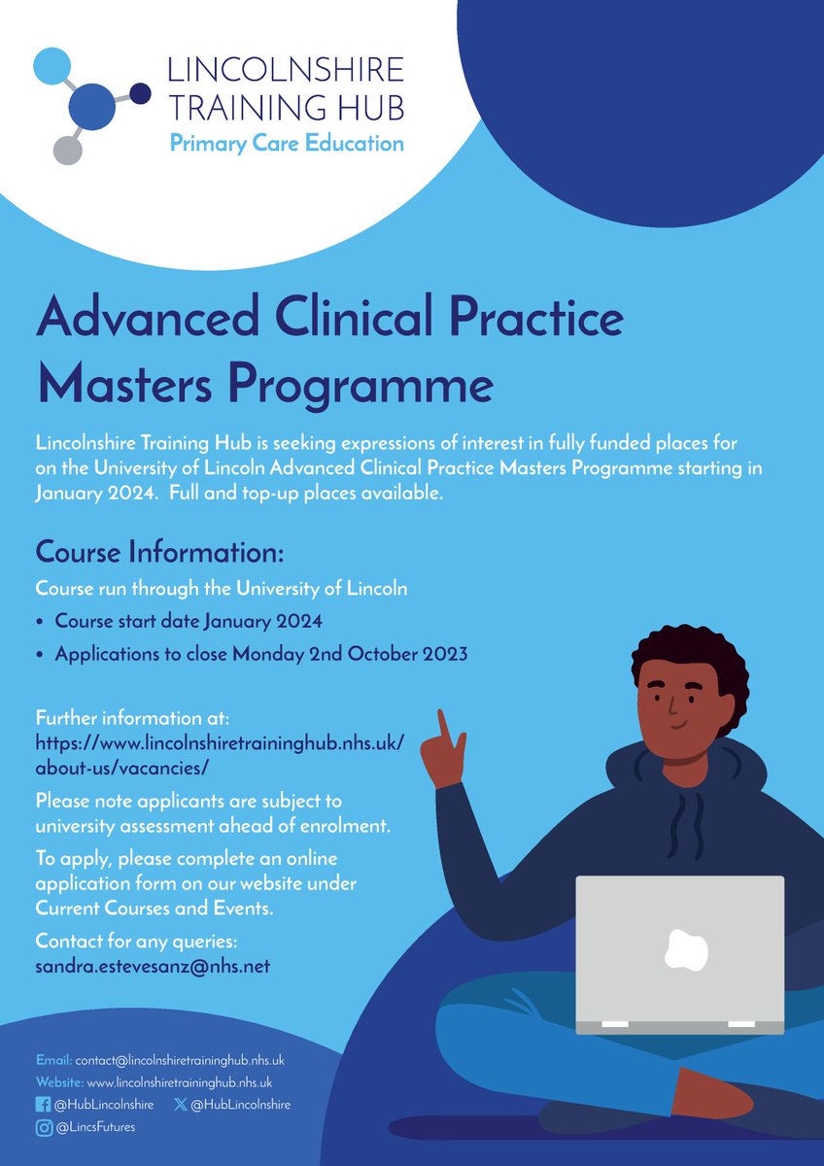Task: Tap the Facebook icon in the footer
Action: pos(42,1104)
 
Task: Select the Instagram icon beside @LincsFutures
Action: pos(42,1126)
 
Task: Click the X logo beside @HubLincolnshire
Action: pos(180,1104)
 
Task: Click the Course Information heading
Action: pos(159,553)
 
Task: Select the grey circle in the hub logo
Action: pos(67,149)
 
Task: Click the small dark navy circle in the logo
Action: pos(141,93)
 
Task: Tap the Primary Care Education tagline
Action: pos(287,144)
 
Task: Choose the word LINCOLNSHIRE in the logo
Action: pos(285,70)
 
